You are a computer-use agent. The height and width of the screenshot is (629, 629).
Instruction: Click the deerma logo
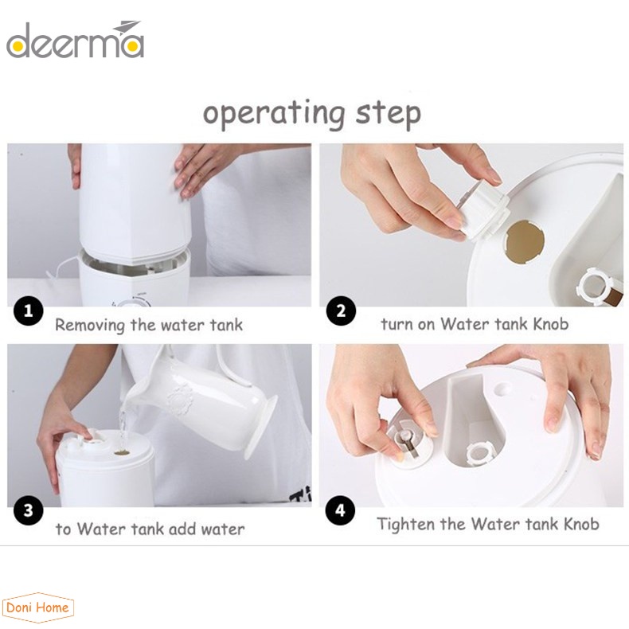(x=75, y=41)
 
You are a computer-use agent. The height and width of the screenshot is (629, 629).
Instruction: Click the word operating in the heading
(x=274, y=114)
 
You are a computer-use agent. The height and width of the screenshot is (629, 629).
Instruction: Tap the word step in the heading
(x=389, y=114)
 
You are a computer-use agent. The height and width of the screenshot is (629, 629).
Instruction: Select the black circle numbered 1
(x=29, y=311)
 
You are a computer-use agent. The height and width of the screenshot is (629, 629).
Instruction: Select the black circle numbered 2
(x=341, y=311)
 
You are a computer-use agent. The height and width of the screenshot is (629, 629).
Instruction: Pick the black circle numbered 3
(x=29, y=510)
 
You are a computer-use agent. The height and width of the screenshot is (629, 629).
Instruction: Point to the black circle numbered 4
(x=340, y=510)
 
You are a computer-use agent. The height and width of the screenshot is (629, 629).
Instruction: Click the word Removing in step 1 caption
(x=90, y=326)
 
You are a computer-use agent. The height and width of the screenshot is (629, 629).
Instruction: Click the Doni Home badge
(x=37, y=608)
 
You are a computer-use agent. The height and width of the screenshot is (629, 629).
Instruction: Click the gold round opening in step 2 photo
(x=526, y=242)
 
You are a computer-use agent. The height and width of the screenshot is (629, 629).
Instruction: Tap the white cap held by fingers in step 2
(x=484, y=211)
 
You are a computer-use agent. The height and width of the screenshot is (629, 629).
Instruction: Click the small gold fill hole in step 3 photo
(x=122, y=452)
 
